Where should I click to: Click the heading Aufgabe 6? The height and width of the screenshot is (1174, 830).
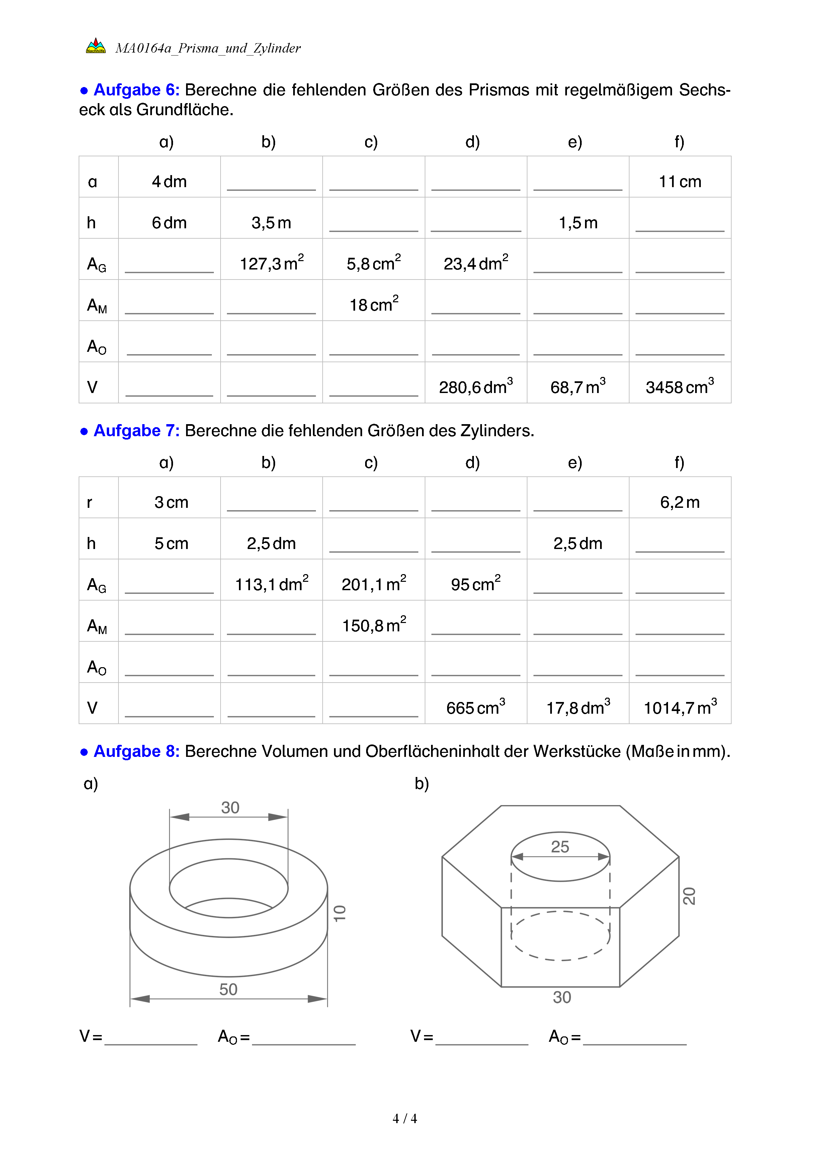136,90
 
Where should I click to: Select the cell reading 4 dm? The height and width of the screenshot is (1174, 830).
169,181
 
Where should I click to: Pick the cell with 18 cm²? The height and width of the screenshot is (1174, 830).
373,304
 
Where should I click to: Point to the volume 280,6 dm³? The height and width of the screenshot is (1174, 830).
475,387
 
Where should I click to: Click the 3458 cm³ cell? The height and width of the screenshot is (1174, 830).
679,387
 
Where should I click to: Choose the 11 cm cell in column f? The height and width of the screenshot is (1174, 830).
680,181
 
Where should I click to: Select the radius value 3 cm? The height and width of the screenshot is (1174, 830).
171,502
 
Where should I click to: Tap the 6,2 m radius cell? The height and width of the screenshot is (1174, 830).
680,502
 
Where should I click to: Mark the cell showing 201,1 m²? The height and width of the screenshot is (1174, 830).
373,583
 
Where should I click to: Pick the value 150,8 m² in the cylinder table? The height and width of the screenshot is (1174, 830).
373,625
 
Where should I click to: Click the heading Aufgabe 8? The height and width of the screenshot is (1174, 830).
136,751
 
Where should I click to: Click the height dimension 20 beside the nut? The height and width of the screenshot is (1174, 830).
689,896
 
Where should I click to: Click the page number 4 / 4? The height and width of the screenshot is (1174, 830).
404,1118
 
